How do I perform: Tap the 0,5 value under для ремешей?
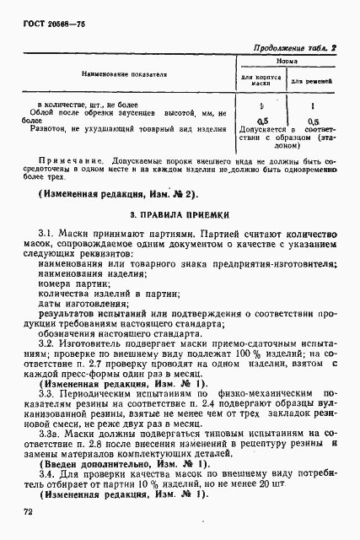[314, 121]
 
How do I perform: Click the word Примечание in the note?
[67, 159]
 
